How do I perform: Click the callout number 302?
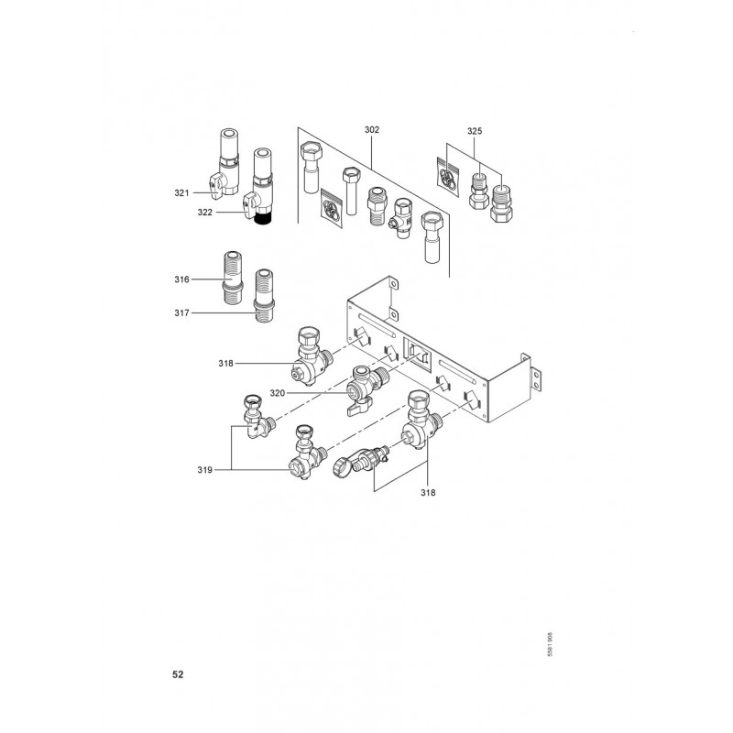[x=371, y=130]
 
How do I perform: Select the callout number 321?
[x=181, y=192]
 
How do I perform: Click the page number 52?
[x=178, y=674]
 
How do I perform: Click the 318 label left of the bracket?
[x=227, y=364]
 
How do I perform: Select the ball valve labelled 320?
[x=364, y=390]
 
